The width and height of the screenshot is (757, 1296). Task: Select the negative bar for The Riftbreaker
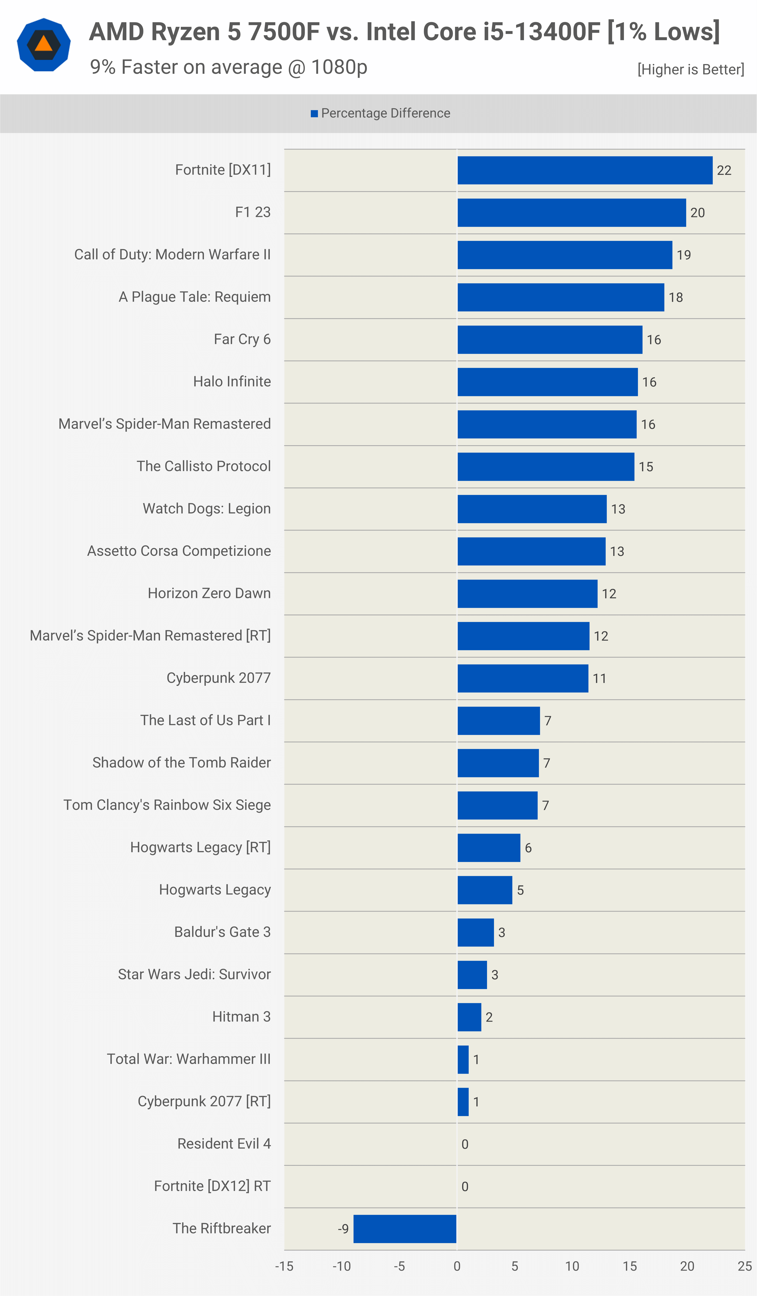405,1229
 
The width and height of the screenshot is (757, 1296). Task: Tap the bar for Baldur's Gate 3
476,932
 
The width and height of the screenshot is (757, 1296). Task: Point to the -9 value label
343,1229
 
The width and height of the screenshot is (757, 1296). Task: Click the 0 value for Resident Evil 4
465,1144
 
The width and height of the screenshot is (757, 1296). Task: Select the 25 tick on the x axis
745,1266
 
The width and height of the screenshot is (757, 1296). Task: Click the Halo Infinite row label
232,382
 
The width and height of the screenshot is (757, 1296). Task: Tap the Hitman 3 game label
242,1017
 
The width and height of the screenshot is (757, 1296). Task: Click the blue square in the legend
314,114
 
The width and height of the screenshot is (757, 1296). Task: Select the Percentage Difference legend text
386,113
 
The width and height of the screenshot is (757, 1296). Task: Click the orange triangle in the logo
44,44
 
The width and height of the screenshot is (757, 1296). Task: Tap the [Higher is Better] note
691,69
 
